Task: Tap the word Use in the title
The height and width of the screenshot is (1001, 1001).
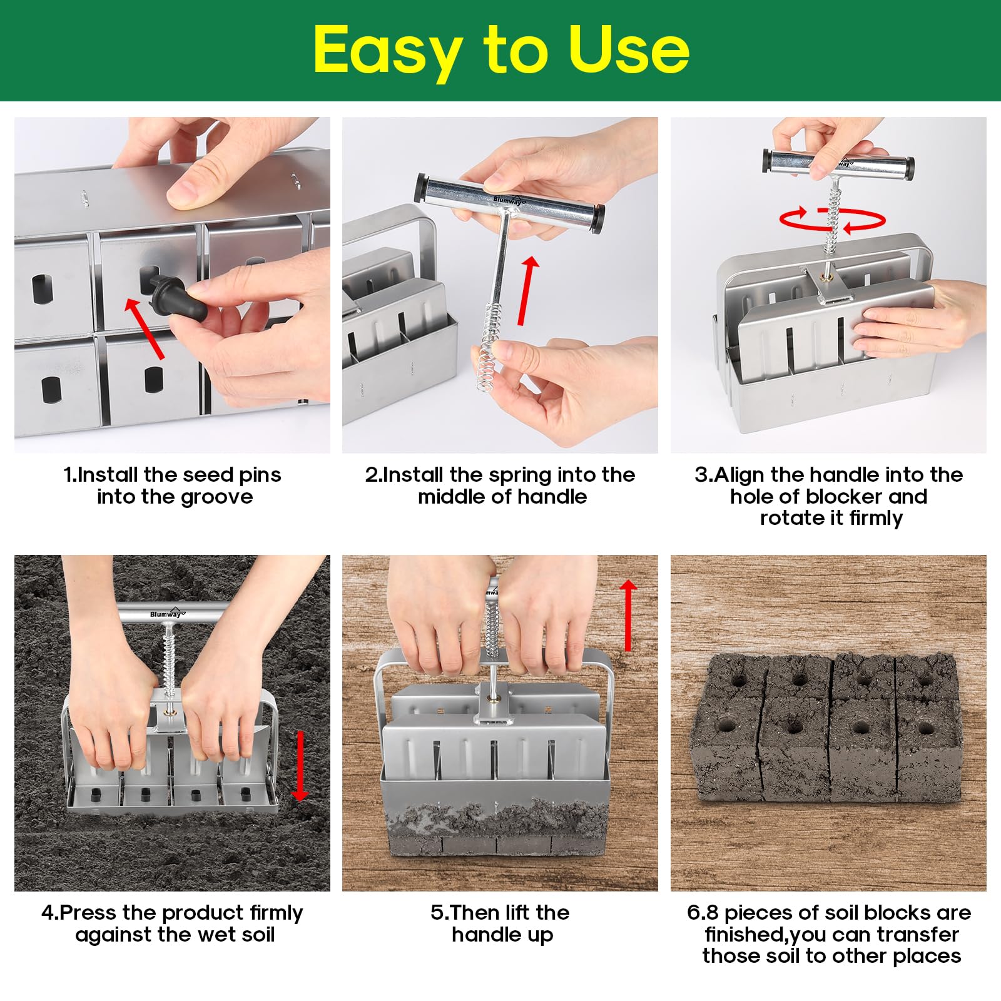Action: tap(629, 49)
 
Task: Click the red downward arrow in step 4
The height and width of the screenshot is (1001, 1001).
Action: tap(300, 766)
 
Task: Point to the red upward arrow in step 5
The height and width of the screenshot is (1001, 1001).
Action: tap(628, 616)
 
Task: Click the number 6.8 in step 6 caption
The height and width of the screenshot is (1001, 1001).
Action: tap(703, 913)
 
